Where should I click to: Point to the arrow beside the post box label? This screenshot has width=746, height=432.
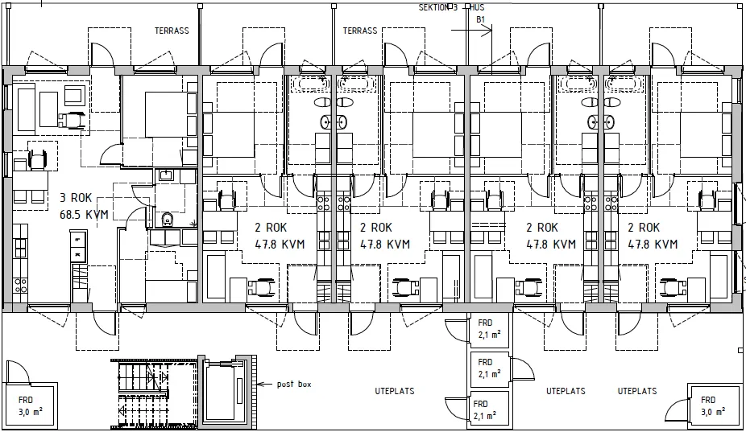click(x=264, y=385)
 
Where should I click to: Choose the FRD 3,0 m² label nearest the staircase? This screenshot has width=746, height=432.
click(x=25, y=405)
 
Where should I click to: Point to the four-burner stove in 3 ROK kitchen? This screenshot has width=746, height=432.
click(x=21, y=285)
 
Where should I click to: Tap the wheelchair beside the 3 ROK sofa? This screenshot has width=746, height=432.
click(x=75, y=119)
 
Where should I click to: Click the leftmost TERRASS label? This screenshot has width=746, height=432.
click(x=172, y=31)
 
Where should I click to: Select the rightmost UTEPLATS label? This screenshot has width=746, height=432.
click(x=636, y=392)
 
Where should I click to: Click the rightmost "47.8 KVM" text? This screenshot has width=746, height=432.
click(x=653, y=245)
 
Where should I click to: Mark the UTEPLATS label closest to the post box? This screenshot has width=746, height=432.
click(x=394, y=392)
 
